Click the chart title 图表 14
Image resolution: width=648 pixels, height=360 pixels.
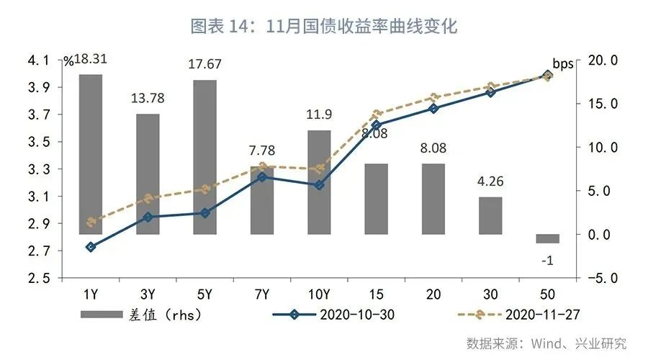tap(324, 27)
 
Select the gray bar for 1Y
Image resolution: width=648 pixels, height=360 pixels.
tap(91, 154)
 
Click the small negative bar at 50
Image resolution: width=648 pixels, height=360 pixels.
tap(547, 238)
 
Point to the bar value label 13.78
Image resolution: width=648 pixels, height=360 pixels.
tap(148, 97)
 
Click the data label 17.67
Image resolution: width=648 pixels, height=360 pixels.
tap(204, 64)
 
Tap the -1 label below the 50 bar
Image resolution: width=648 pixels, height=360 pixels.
tap(547, 261)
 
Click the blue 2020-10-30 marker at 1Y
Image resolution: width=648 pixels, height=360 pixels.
tap(91, 247)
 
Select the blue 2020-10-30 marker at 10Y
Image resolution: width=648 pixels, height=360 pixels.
tap(319, 185)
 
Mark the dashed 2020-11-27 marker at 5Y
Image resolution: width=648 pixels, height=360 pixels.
tap(204, 189)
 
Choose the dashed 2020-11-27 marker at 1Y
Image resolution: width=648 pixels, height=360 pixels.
tap(91, 222)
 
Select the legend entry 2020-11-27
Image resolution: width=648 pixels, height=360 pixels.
tap(518, 314)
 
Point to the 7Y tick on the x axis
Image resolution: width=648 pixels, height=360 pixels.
tap(262, 294)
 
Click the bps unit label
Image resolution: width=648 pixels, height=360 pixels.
tap(563, 63)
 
